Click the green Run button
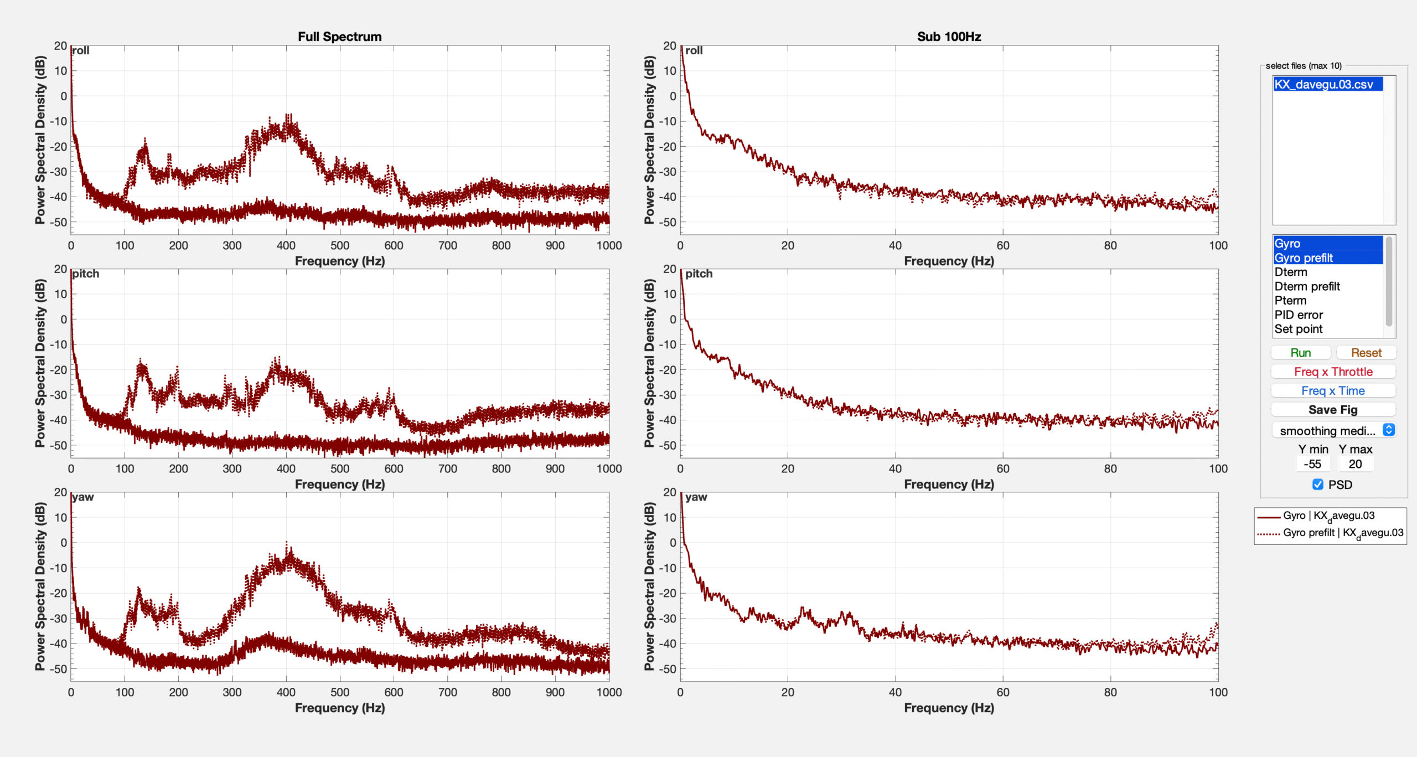pyautogui.click(x=1300, y=353)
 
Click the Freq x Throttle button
pyautogui.click(x=1333, y=372)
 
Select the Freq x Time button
pyautogui.click(x=1333, y=390)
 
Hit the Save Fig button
pyautogui.click(x=1333, y=410)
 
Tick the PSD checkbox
pyautogui.click(x=1318, y=485)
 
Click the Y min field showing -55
pyautogui.click(x=1312, y=464)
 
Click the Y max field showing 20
pyautogui.click(x=1355, y=464)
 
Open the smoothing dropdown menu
pyautogui.click(x=1333, y=430)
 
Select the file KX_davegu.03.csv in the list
pyautogui.click(x=1323, y=84)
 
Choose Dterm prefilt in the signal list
pyautogui.click(x=1307, y=286)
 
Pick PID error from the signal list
pyautogui.click(x=1299, y=315)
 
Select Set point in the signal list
pyautogui.click(x=1299, y=329)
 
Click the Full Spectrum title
pyautogui.click(x=339, y=37)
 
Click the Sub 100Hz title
pyautogui.click(x=949, y=37)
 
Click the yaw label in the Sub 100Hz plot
pyautogui.click(x=696, y=497)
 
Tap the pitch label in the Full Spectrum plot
pyautogui.click(x=86, y=274)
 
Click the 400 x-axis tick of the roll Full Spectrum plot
pyautogui.click(x=286, y=245)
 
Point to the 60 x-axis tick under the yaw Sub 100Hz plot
pyautogui.click(x=1003, y=692)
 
